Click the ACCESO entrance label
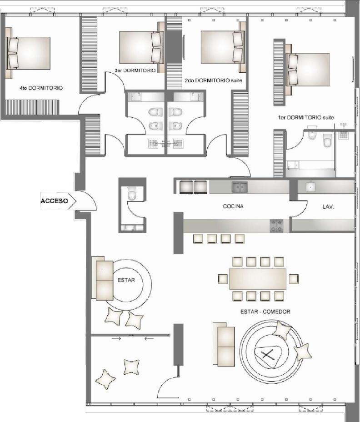pos(55,200)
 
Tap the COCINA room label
pos(234,206)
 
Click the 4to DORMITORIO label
pos(41,88)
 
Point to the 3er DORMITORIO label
pos(136,70)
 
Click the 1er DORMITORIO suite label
pos(306,117)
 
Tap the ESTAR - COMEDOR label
pos(265,312)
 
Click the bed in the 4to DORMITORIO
pos(28,53)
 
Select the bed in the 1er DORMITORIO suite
pos(307,69)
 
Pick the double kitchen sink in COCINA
pos(240,186)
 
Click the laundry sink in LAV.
pos(311,187)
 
